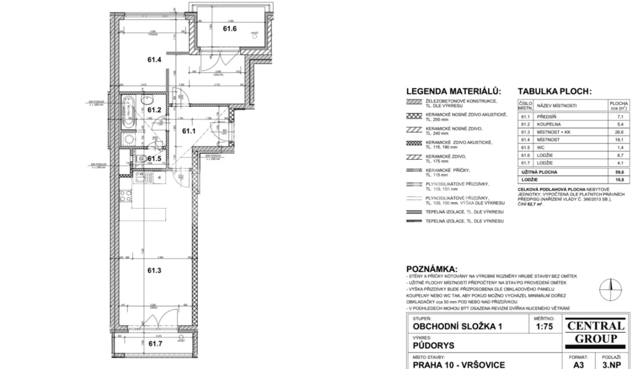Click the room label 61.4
pos(154,60)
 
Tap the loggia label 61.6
pos(230,29)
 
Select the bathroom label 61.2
pos(154,110)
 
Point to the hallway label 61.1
pos(189,131)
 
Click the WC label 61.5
pos(154,158)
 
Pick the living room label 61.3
pos(154,271)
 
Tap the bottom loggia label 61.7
pos(156,344)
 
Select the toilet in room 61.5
pos(141,158)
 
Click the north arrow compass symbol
pos(610,289)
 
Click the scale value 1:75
pos(544,327)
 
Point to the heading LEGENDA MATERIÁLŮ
pos(453,91)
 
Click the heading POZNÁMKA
pos(432,269)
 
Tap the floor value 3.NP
pos(611,365)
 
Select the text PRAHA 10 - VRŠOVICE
pos(459,365)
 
